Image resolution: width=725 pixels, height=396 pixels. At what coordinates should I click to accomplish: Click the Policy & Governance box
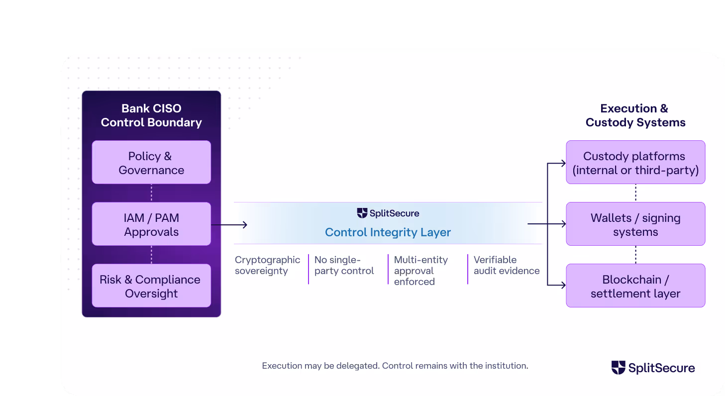(151, 162)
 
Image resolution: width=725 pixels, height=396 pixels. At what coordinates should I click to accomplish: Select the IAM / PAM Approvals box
(151, 224)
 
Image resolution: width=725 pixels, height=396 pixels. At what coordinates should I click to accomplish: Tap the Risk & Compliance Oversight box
(151, 286)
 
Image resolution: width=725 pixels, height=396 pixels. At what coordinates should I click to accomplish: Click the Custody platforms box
(635, 162)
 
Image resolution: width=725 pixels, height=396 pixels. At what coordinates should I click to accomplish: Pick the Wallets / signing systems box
(635, 224)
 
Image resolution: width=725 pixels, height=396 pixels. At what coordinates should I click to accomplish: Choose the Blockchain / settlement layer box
(635, 286)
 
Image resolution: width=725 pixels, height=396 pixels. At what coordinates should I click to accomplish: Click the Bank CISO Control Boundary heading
(151, 115)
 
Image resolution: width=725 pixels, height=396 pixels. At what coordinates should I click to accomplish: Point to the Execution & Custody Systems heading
(635, 115)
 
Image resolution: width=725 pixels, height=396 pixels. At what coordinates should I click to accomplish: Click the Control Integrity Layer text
(388, 232)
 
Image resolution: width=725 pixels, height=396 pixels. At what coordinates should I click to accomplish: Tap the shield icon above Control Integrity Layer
(362, 213)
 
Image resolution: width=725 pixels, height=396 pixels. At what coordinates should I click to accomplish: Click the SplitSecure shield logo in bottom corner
(618, 368)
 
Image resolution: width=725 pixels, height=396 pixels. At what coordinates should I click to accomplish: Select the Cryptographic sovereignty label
(267, 265)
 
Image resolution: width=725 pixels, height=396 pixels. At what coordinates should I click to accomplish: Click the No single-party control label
(344, 265)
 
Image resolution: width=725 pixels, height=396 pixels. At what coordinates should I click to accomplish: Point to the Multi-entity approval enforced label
(421, 271)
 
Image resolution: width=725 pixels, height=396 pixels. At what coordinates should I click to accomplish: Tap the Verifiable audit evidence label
(507, 265)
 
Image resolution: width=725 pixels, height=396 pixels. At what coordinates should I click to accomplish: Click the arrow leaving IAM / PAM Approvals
(229, 224)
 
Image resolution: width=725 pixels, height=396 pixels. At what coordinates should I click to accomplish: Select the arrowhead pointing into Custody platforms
(563, 163)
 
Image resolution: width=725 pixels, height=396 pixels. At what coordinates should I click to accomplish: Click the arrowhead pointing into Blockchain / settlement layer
(563, 285)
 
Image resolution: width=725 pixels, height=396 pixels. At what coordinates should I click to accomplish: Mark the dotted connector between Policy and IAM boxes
(151, 193)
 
